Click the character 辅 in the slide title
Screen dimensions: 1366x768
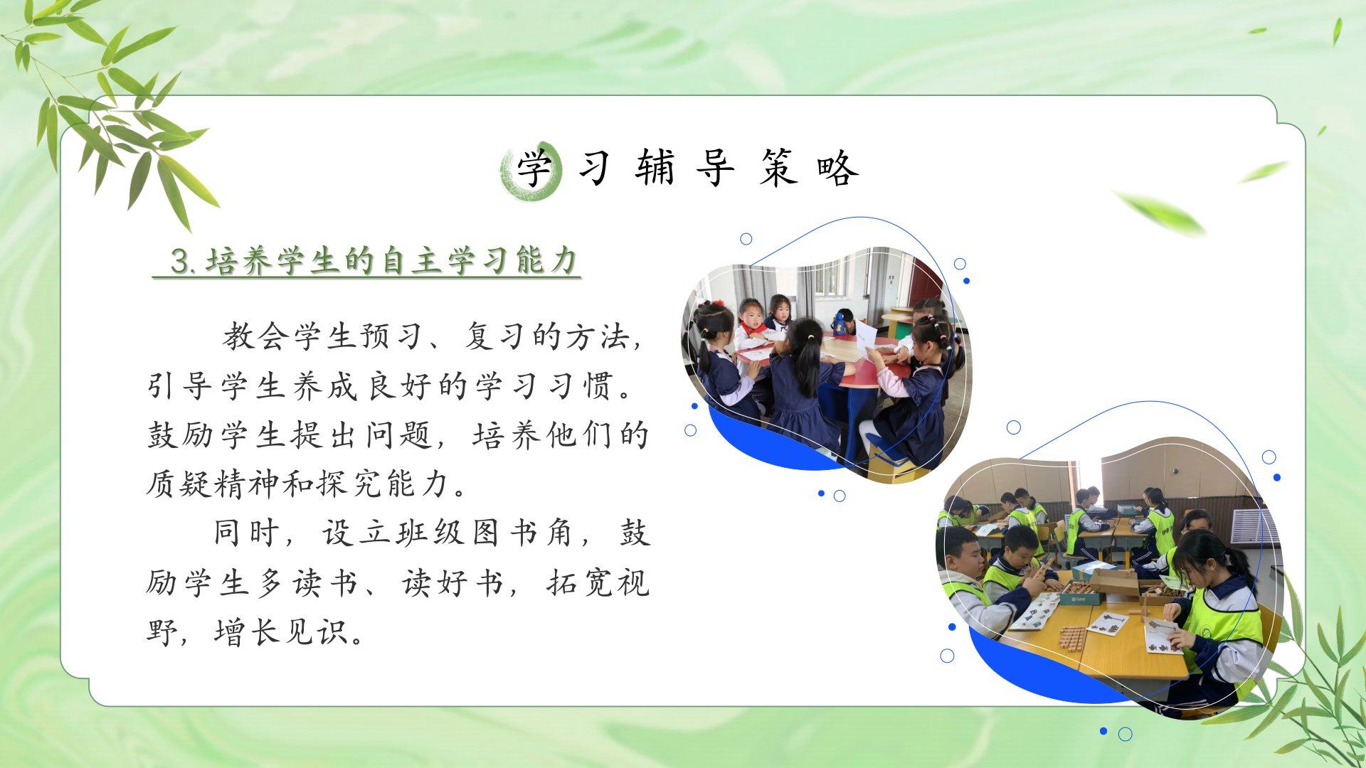(655, 168)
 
